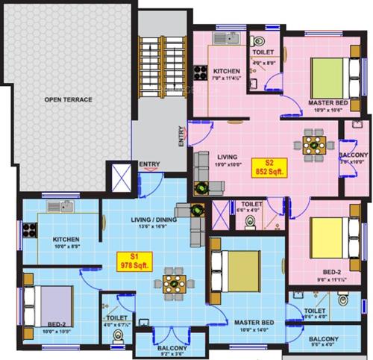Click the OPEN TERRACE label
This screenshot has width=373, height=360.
click(x=68, y=99)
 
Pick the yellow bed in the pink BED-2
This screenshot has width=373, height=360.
click(x=327, y=236)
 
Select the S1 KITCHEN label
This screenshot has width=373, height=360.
click(x=66, y=240)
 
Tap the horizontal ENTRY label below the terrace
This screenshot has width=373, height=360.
click(x=149, y=164)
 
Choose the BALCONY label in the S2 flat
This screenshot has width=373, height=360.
click(x=354, y=155)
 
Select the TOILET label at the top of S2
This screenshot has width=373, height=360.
click(x=263, y=53)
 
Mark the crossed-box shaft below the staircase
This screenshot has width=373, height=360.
click(x=119, y=178)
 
